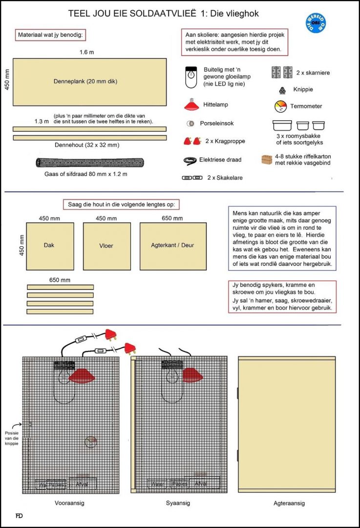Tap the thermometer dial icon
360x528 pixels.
(x=280, y=106)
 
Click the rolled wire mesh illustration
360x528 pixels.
(x=89, y=162)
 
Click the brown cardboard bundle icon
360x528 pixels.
(x=267, y=160)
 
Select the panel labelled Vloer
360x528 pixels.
(x=106, y=246)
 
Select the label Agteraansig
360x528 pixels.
(x=289, y=503)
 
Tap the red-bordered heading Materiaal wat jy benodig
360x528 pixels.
(x=51, y=36)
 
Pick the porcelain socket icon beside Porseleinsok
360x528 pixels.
(x=190, y=123)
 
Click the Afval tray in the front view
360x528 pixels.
(x=82, y=484)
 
